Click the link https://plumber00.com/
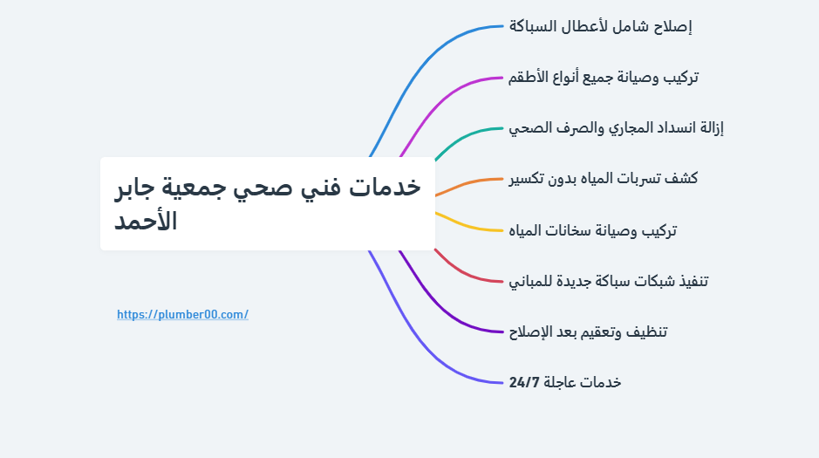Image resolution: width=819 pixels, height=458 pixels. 182,314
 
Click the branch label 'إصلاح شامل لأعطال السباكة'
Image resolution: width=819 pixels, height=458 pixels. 600,26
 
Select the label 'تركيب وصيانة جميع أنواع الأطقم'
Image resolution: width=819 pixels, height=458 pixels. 604,77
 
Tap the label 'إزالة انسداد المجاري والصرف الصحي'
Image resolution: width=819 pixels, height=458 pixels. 617,128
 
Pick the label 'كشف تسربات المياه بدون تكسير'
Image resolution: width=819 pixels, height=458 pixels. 603,179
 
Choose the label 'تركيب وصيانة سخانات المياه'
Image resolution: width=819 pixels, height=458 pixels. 593,230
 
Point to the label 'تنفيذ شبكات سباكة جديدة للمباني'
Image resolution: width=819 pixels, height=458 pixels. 609,281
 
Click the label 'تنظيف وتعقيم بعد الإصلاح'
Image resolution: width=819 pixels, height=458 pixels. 589,332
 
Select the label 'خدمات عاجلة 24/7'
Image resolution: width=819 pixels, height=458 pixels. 565,382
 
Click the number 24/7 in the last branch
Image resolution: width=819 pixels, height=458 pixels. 525,382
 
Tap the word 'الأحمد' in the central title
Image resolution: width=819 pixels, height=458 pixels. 146,221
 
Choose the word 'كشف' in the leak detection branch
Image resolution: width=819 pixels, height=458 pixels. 681,179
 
